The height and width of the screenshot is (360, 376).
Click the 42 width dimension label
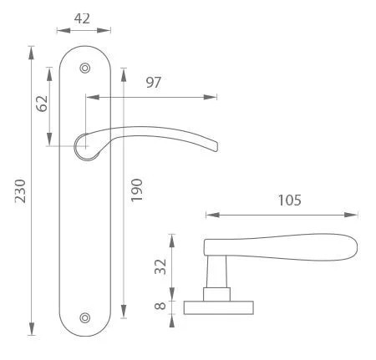pyautogui.click(x=82, y=18)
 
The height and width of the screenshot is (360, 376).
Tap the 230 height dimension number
pyautogui.click(x=20, y=191)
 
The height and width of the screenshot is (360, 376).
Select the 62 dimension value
pyautogui.click(x=43, y=104)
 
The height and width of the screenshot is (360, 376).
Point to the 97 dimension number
pyautogui.click(x=154, y=83)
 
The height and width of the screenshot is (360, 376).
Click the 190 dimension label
pyautogui.click(x=136, y=190)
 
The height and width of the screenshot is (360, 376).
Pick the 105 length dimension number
pyautogui.click(x=290, y=200)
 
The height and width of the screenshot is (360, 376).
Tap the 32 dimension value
pyautogui.click(x=160, y=266)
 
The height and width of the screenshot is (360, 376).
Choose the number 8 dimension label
pyautogui.click(x=160, y=306)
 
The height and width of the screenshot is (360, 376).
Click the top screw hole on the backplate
pyautogui.click(x=85, y=68)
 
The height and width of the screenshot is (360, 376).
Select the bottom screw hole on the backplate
pyautogui.click(x=85, y=318)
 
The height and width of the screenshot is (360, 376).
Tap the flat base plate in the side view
pyautogui.click(x=219, y=307)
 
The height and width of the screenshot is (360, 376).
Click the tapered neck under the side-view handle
pyautogui.click(x=216, y=271)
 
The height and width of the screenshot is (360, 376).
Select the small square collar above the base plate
pyautogui.click(x=216, y=295)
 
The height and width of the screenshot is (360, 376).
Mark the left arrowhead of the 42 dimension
pyautogui.click(x=64, y=30)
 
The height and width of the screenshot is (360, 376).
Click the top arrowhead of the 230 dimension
pyautogui.click(x=32, y=53)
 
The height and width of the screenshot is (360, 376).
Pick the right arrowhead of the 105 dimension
pyautogui.click(x=351, y=215)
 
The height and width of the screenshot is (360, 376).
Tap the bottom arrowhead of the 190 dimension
pyautogui.click(x=124, y=312)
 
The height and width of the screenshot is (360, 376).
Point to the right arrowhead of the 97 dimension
pyautogui.click(x=210, y=97)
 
